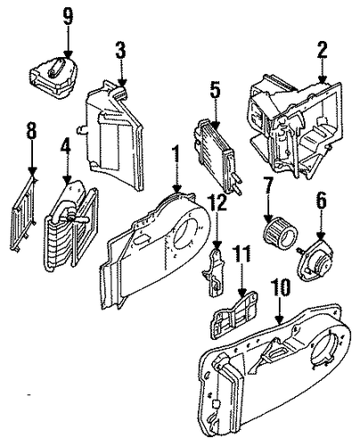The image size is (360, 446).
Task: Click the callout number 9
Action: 68,16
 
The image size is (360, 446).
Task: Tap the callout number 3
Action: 120,51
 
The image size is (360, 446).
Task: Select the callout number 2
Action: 322,50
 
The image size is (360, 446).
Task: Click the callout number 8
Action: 31,130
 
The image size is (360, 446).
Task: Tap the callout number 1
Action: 177,154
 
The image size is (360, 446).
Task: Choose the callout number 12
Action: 218,202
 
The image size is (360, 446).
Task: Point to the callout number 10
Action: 280,287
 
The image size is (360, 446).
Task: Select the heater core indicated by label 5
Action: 217,156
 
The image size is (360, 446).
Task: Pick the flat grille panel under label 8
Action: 24,214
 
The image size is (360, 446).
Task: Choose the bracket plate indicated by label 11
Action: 235,315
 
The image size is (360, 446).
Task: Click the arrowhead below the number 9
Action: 68,54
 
